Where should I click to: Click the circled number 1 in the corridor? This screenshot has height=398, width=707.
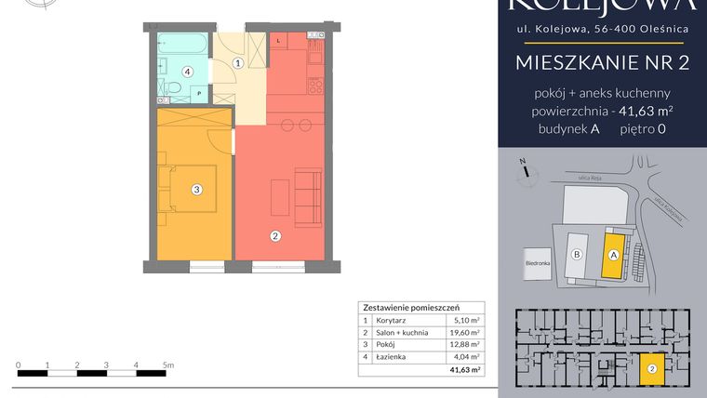pyautogui.click(x=238, y=63)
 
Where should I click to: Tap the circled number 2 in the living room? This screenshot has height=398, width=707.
pyautogui.click(x=275, y=236)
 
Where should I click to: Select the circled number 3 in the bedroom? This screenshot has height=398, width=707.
pyautogui.click(x=196, y=190)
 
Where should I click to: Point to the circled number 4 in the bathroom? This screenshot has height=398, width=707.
pyautogui.click(x=187, y=71)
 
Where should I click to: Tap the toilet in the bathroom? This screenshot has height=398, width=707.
pyautogui.click(x=173, y=91)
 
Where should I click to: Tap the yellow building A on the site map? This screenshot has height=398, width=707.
pyautogui.click(x=614, y=253)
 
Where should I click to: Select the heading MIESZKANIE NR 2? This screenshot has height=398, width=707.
pyautogui.click(x=602, y=63)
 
